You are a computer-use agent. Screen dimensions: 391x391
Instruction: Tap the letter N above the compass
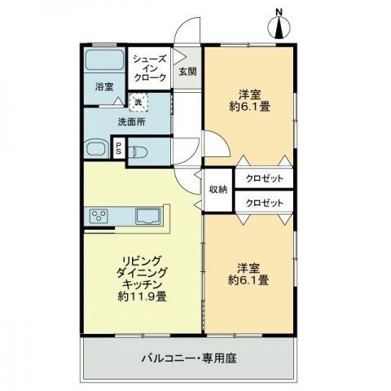tap(279, 11)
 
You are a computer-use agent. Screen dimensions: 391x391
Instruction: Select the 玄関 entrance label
tap(187, 71)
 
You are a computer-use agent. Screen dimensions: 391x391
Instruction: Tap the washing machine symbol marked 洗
tap(138, 101)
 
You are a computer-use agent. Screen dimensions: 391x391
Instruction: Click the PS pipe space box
tap(118, 148)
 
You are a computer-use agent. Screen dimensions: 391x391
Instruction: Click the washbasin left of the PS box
tap(95, 148)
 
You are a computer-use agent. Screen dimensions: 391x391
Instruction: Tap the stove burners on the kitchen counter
tap(99, 215)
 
